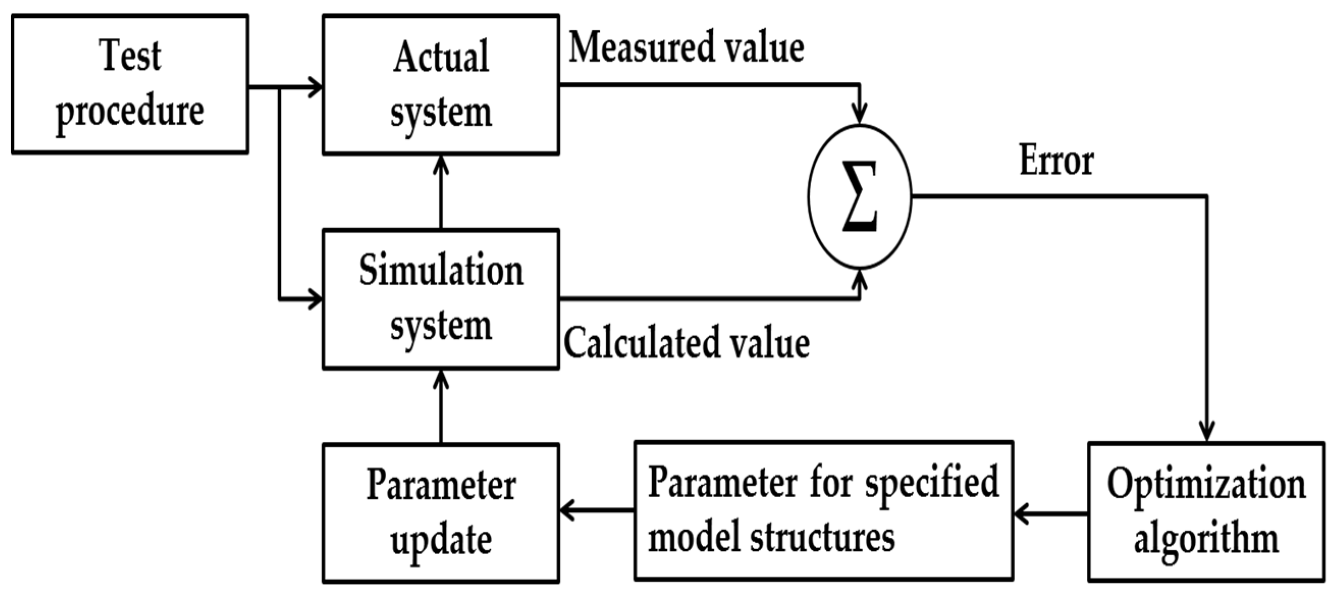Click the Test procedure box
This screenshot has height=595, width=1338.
tap(130, 84)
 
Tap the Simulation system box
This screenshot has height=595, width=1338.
tap(440, 299)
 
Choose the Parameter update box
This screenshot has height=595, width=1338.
tap(440, 513)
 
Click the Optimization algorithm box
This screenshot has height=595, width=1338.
tap(1206, 512)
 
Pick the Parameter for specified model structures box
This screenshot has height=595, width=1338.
tap(824, 511)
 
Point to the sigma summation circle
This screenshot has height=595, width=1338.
tap(860, 196)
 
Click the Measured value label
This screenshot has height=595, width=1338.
tap(687, 48)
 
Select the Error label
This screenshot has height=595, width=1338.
tap(1056, 161)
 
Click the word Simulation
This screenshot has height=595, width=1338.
tap(441, 271)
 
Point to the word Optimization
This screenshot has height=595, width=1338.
tap(1206, 484)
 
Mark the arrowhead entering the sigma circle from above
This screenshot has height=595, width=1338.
tap(860, 115)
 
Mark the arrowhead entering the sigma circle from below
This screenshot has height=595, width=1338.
tap(860, 278)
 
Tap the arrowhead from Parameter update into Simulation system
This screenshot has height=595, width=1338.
tap(441, 379)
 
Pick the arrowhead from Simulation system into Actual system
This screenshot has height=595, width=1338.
tap(441, 164)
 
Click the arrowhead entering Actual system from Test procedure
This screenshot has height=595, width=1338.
tap(315, 86)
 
